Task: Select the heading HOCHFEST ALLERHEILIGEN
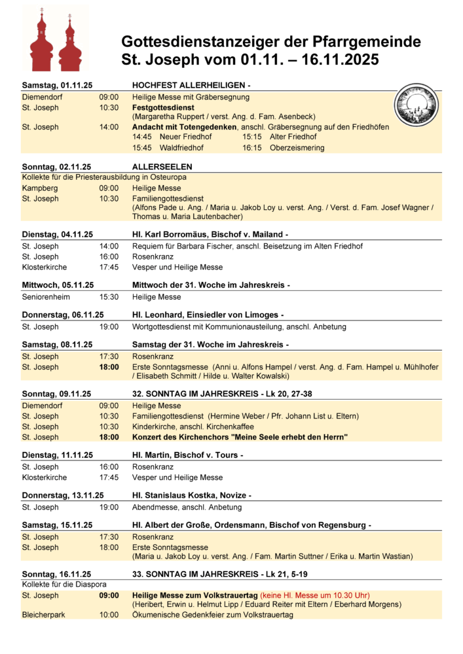[x=189, y=86]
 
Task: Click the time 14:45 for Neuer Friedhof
[x=142, y=137]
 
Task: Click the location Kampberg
[x=39, y=188]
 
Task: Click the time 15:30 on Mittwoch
[x=109, y=297]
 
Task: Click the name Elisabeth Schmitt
[x=168, y=376]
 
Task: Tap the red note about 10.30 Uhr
[x=315, y=595]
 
